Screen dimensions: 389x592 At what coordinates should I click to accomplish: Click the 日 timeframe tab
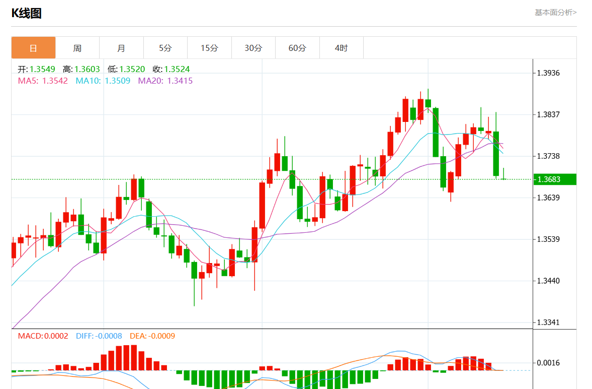33,48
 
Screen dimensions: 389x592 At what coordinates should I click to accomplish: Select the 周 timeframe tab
77,48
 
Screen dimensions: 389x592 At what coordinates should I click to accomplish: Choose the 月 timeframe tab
121,48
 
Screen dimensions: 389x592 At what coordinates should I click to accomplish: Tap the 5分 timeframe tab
165,48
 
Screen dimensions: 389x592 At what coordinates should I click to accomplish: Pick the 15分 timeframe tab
209,48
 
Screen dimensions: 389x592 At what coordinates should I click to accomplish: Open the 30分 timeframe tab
253,48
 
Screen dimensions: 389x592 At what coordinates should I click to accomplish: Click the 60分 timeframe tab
297,48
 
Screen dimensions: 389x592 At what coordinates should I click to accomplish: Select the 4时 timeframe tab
341,48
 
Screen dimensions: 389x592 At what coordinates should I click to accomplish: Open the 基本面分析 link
555,13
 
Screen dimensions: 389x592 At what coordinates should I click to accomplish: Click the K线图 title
26,14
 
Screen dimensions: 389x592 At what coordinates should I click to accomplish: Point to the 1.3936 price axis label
548,73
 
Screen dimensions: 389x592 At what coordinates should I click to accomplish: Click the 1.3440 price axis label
548,281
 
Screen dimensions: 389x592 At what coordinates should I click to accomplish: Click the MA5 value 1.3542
55,81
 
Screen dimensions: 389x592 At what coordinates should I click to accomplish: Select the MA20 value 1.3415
180,81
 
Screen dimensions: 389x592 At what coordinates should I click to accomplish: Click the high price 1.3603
87,69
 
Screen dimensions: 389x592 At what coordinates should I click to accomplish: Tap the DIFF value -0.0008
108,336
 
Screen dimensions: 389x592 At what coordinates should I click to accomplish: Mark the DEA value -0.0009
159,336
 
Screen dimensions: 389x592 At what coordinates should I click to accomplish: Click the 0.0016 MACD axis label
548,363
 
